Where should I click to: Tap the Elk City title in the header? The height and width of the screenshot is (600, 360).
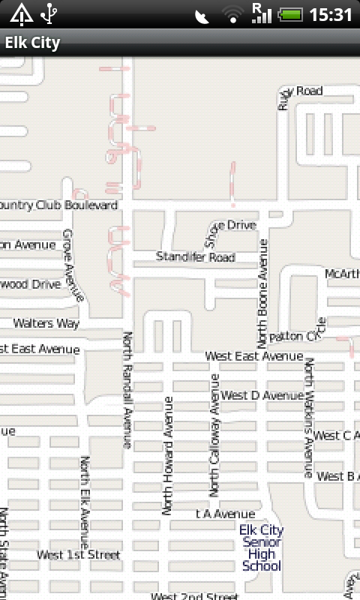pos(32,43)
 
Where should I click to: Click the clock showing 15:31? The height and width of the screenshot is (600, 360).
pos(330,14)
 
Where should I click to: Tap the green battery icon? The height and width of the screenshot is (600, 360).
pos(289,14)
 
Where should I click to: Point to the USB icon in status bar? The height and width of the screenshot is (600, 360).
pos(50,13)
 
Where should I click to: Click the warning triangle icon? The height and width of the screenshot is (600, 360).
pos(21,13)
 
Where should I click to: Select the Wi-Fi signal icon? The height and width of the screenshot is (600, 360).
pos(233,14)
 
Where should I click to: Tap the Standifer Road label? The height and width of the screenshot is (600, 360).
pos(195,257)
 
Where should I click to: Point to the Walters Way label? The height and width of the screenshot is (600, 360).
pos(46,323)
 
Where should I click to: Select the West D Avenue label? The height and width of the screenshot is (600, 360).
pos(262,395)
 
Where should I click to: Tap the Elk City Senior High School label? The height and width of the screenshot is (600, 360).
pos(261,548)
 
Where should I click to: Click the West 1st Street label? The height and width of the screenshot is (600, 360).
pos(79,555)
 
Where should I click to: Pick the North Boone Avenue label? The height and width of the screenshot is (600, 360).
pos(262,292)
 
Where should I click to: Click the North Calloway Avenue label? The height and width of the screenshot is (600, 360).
pos(214,435)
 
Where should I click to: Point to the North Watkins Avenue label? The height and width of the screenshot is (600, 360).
pos(308,418)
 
